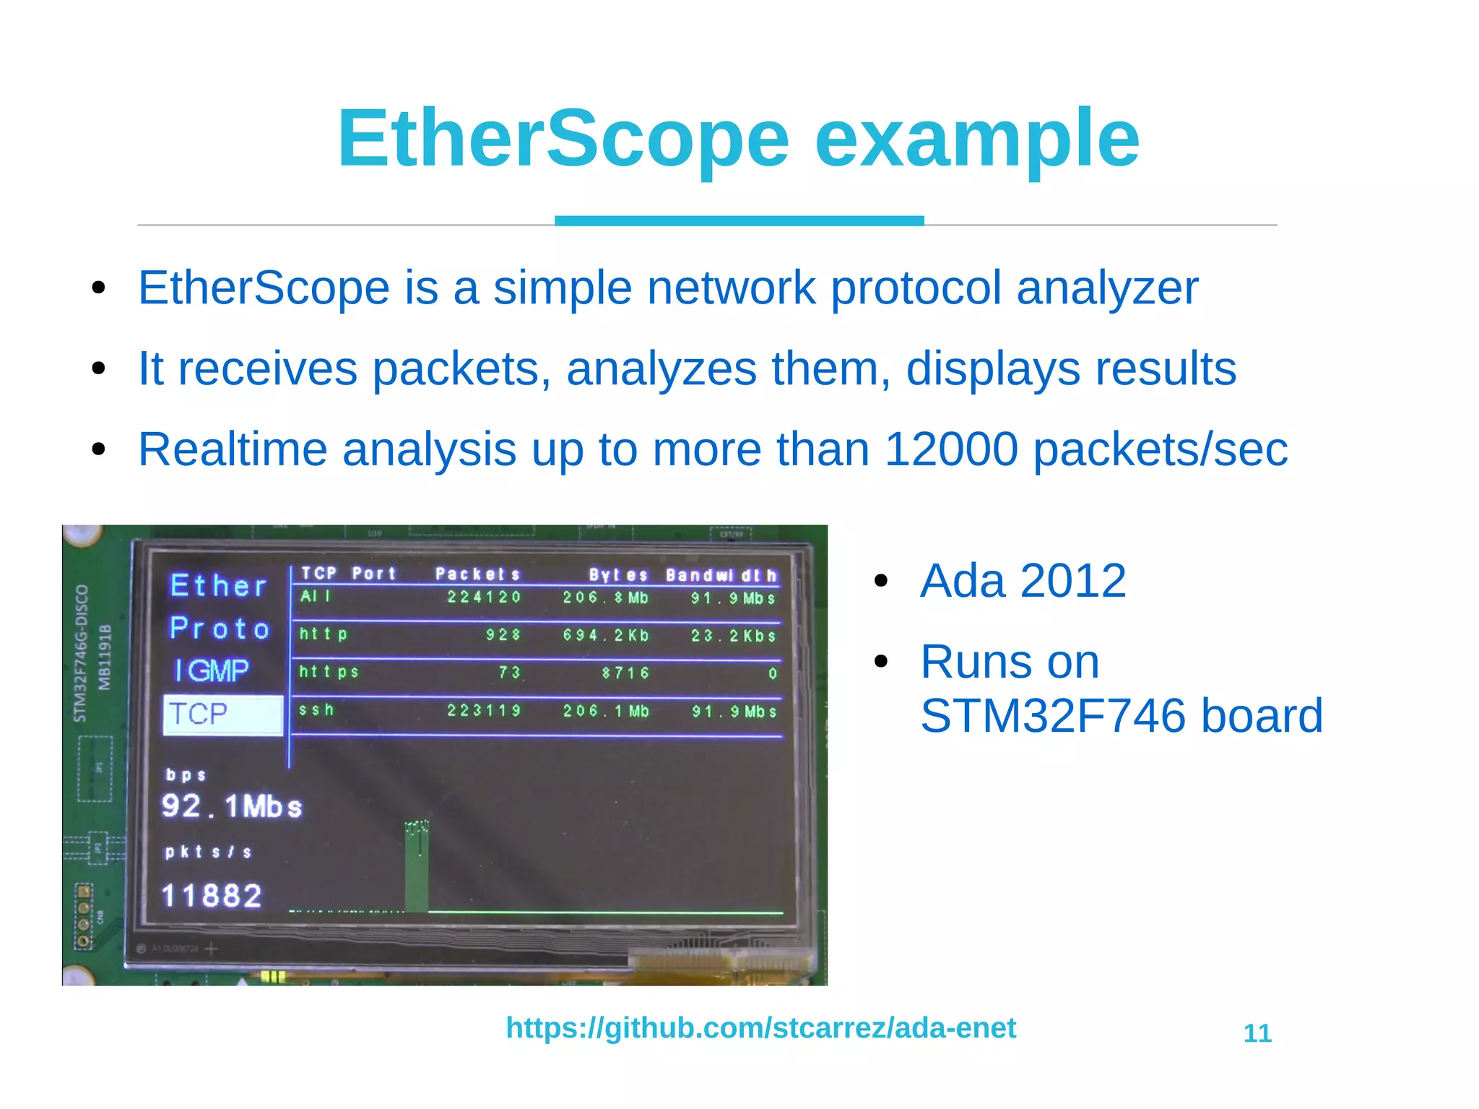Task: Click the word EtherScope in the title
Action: [x=563, y=139]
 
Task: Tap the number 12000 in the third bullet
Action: [x=950, y=449]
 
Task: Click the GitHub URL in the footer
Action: [x=760, y=1027]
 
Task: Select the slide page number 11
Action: [x=1257, y=1033]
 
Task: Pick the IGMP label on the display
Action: [x=212, y=671]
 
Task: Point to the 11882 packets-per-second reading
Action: [x=212, y=896]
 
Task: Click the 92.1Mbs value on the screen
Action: [x=231, y=806]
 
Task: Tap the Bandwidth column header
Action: [x=721, y=575]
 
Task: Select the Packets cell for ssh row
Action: [x=484, y=711]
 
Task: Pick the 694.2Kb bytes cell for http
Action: [x=606, y=636]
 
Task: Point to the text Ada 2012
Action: [x=1023, y=581]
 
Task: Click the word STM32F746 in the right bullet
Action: [x=1053, y=716]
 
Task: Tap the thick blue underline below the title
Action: [x=739, y=220]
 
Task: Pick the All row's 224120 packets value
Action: [x=484, y=597]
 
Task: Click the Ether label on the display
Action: [x=219, y=586]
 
